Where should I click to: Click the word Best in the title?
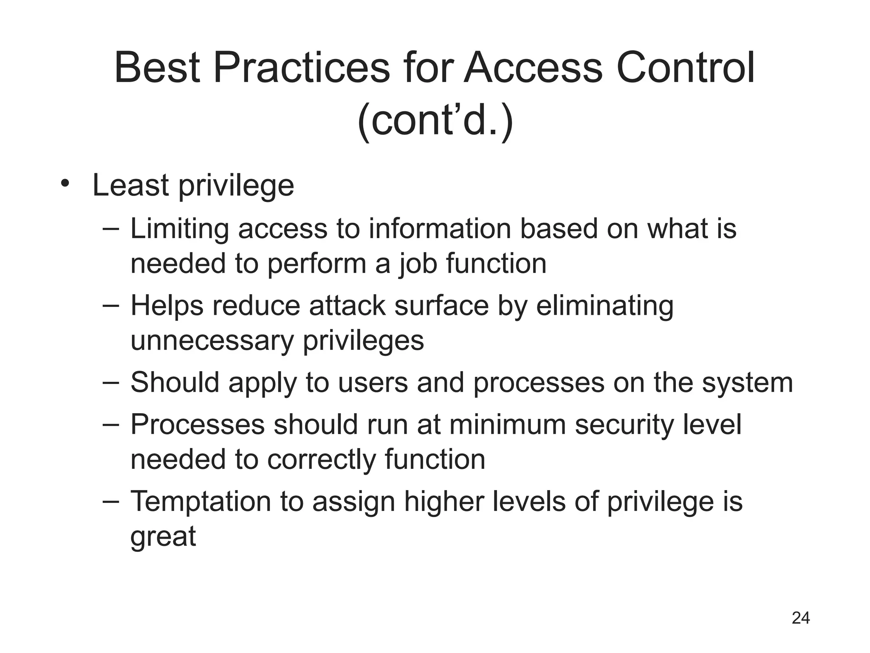coord(157,68)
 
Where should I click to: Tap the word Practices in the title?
coord(301,68)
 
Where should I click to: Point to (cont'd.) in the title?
coord(435,121)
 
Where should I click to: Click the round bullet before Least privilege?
coord(65,184)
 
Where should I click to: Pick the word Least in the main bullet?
coord(131,185)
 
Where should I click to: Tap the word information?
coord(440,229)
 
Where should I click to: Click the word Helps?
coord(167,306)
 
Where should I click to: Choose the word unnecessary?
coord(212,341)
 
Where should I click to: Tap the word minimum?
coord(508,425)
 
